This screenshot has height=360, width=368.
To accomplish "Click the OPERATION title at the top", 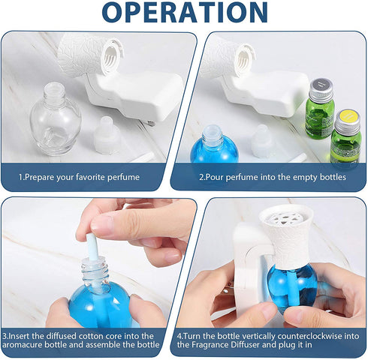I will pos(184,13).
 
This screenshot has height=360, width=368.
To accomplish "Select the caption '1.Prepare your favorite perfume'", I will pos(79,178).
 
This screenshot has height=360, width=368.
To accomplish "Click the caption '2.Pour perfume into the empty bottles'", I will pos(272,178).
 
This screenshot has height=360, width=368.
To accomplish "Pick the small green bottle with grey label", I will pos(320,109).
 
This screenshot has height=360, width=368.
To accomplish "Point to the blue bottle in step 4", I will pos(291,286).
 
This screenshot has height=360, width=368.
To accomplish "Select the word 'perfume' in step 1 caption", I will pos(122,178).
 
